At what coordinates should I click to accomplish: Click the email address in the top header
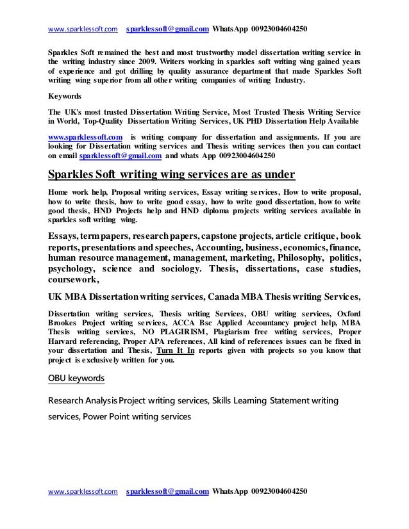click(168, 11)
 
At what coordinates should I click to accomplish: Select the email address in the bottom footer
click(168, 492)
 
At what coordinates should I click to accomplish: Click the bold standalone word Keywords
click(65, 97)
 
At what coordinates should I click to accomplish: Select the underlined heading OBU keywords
click(76, 378)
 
